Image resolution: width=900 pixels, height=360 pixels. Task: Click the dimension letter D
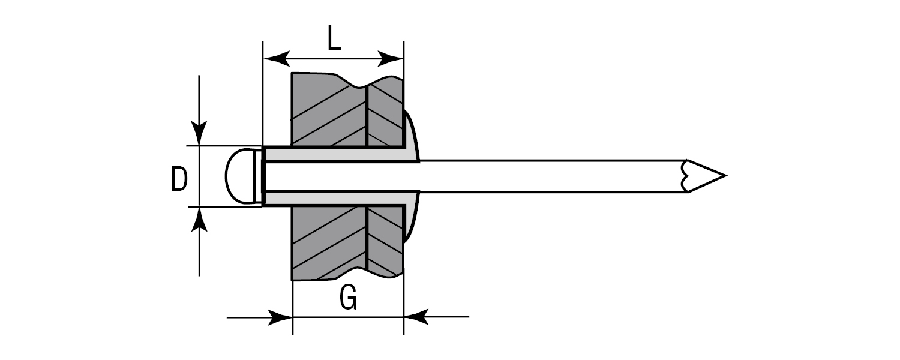click(x=179, y=179)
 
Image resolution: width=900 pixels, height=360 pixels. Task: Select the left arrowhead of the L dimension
click(x=276, y=59)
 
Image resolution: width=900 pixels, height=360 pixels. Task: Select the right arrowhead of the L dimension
click(x=391, y=59)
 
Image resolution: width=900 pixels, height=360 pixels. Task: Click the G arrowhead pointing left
click(x=416, y=317)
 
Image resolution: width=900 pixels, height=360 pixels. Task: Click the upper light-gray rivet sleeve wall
click(x=336, y=154)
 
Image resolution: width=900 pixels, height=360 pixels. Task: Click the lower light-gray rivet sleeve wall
click(x=336, y=199)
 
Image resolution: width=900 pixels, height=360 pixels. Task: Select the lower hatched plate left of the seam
click(x=327, y=243)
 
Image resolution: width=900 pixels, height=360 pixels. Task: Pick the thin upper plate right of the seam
click(x=385, y=114)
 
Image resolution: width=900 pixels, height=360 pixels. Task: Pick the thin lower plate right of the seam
click(x=385, y=240)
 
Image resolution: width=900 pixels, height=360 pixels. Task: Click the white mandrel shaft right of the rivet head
click(x=540, y=176)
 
